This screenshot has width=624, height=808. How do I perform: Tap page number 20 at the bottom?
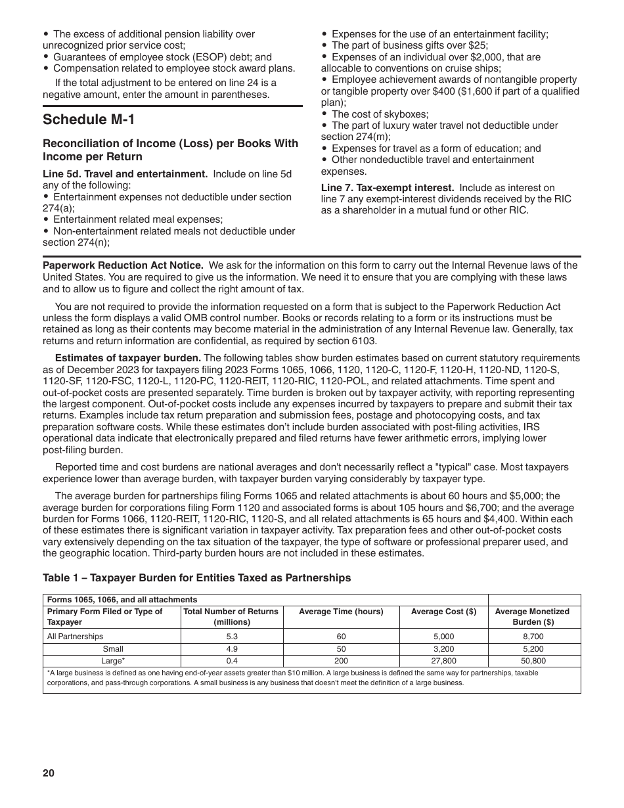(x=49, y=773)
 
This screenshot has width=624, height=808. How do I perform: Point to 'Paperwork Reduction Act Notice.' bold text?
(x=123, y=265)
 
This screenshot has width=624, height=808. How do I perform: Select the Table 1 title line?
(x=196, y=578)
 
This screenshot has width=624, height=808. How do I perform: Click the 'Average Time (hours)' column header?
(x=341, y=612)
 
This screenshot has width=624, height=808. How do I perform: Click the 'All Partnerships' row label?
(x=75, y=636)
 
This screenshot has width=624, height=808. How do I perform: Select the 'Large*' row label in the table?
(x=113, y=661)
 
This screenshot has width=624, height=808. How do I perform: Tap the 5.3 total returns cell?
(x=231, y=636)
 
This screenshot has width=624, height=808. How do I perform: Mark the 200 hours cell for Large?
(x=341, y=661)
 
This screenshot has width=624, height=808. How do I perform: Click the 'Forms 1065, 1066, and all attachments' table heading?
(x=122, y=600)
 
